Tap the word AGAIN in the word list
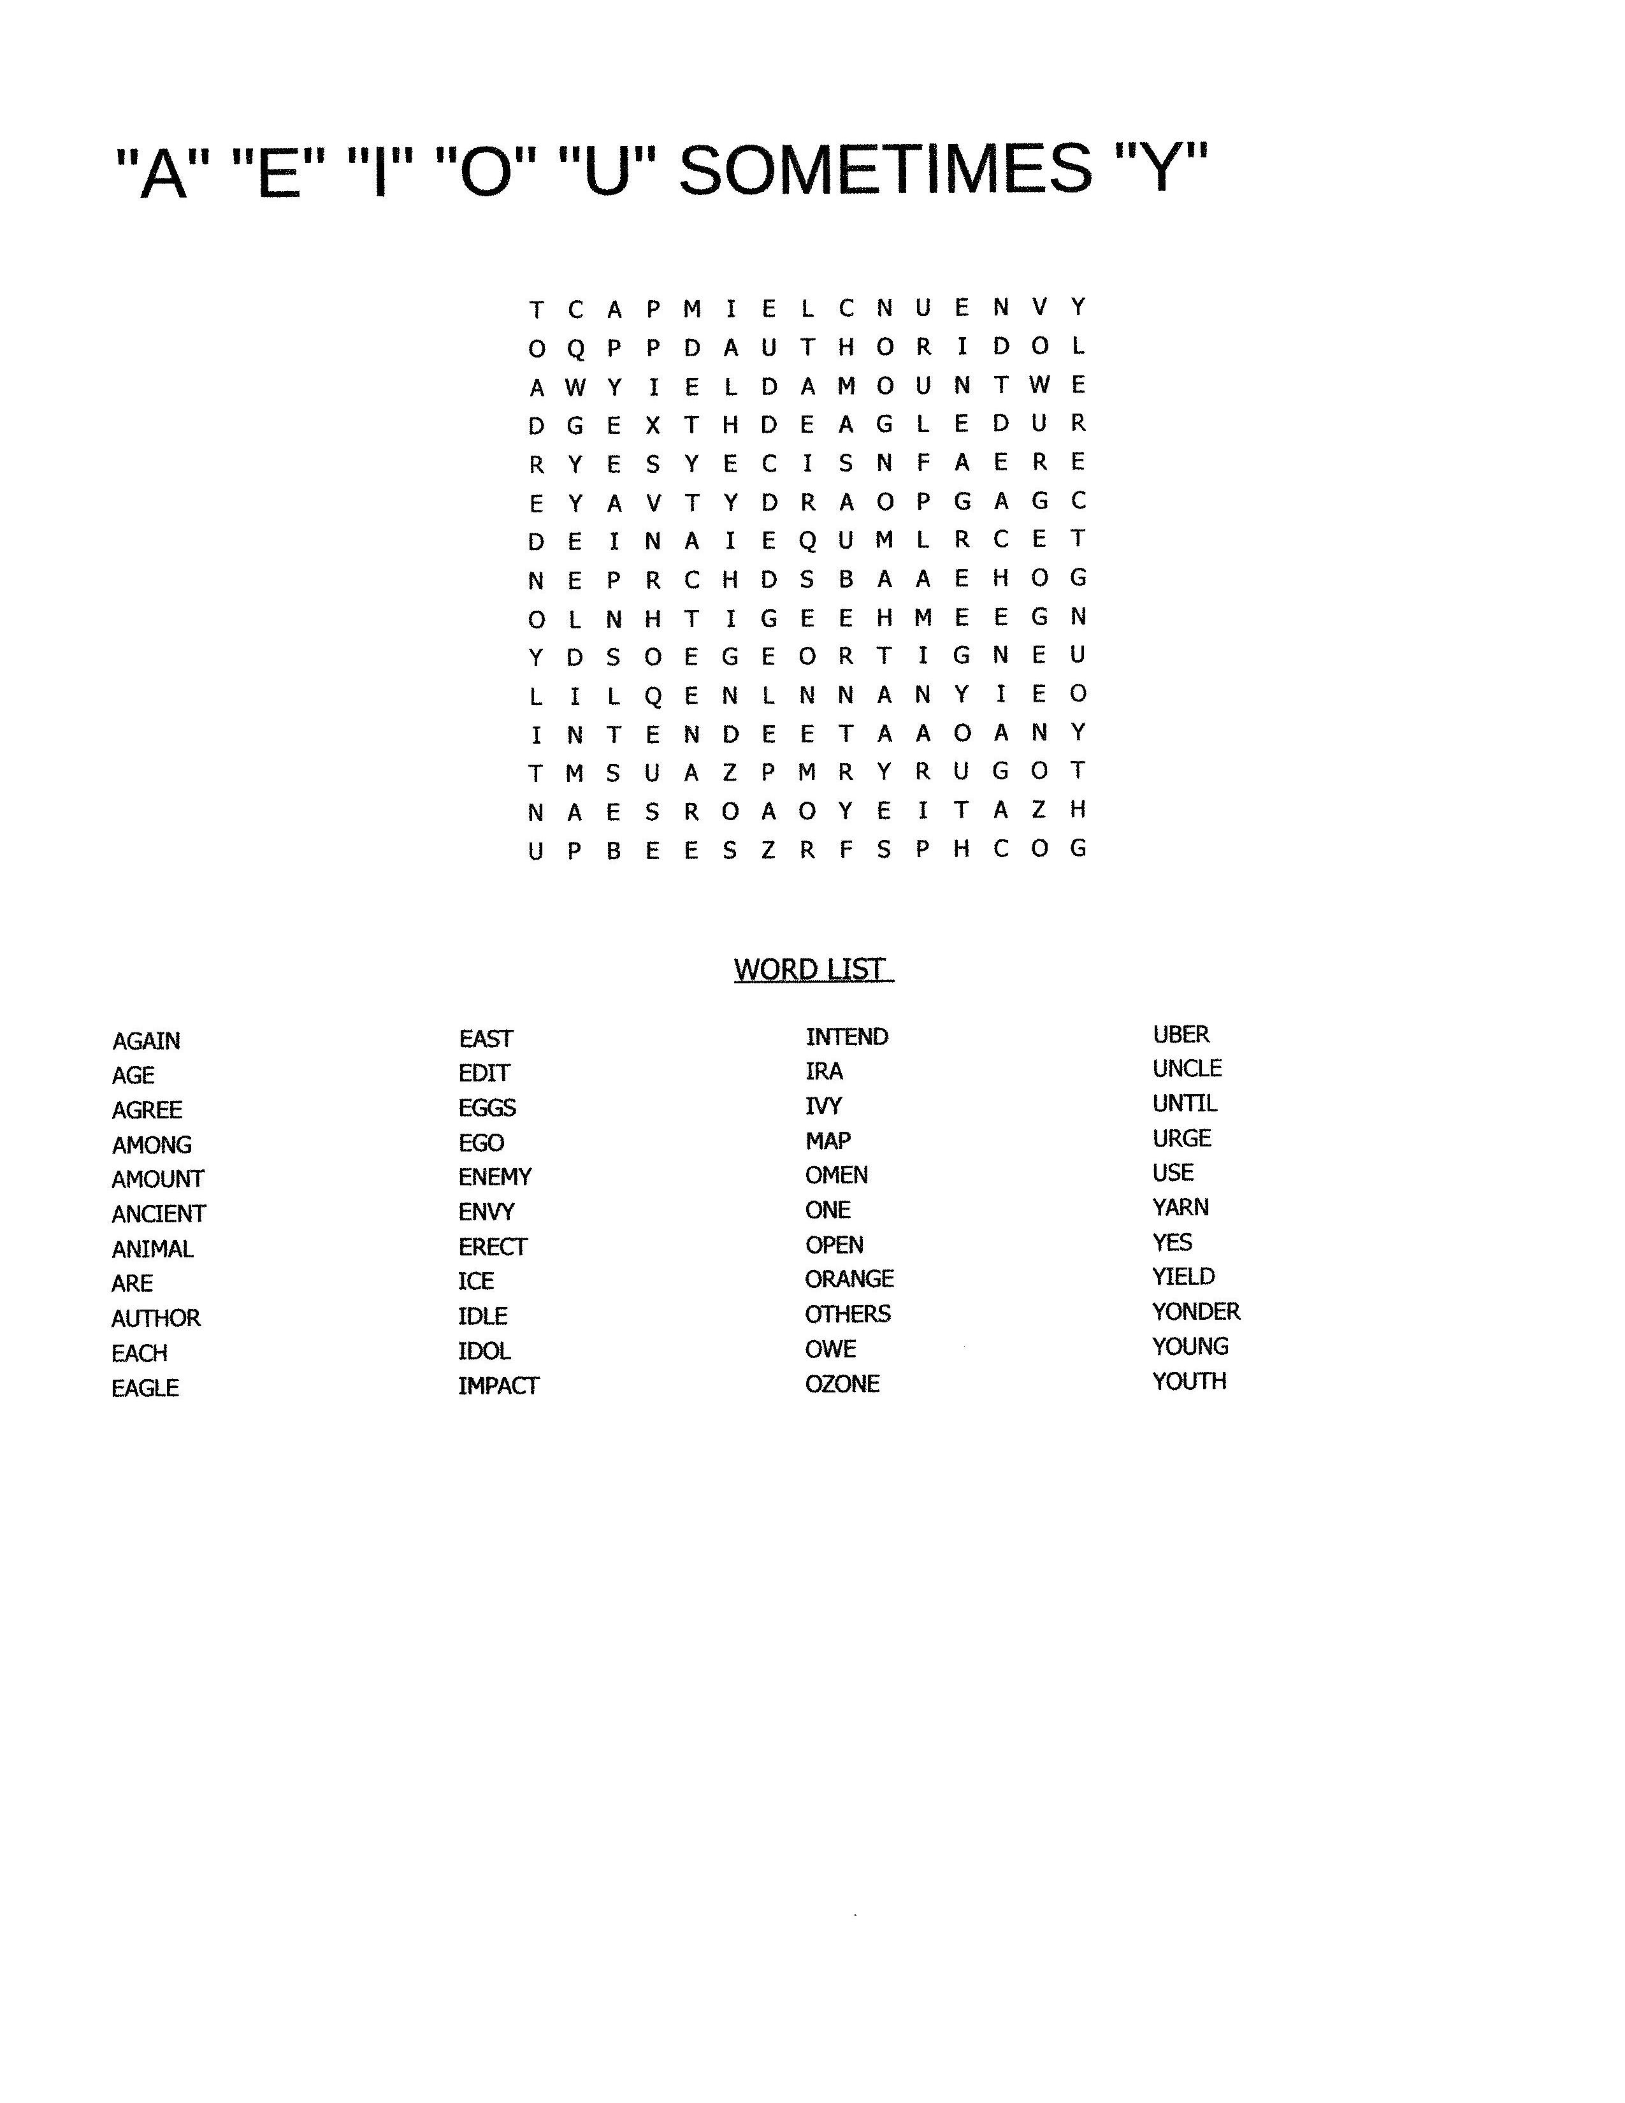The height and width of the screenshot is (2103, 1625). (x=147, y=1041)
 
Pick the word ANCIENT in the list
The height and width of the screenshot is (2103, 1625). (x=159, y=1214)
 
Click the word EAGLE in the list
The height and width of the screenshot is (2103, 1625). (x=145, y=1389)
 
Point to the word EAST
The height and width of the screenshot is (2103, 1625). (x=486, y=1039)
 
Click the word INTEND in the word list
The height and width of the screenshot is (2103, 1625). (x=847, y=1037)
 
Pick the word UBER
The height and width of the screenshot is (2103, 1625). (x=1181, y=1034)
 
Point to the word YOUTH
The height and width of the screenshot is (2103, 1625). (x=1190, y=1381)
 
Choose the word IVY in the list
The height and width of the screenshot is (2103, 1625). (x=824, y=1106)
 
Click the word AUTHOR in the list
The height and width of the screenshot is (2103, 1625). (x=156, y=1319)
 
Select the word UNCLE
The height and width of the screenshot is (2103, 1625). (x=1187, y=1069)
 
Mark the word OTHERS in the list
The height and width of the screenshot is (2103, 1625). (x=848, y=1314)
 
